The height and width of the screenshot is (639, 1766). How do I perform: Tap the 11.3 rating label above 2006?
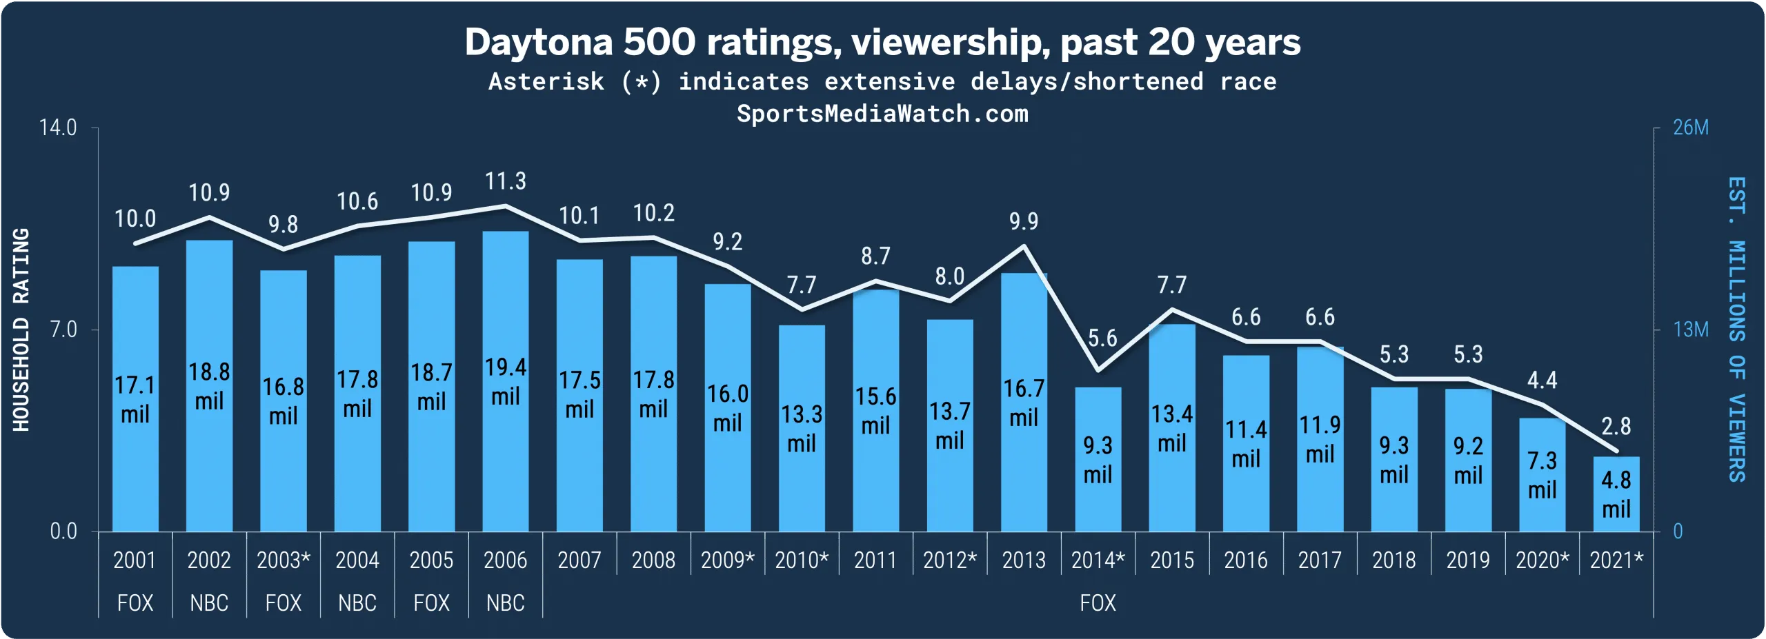point(505,181)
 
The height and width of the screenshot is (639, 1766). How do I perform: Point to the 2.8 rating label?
point(1616,427)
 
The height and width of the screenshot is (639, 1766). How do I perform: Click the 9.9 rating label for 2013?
point(1023,221)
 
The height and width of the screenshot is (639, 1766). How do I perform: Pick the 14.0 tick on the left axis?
point(58,128)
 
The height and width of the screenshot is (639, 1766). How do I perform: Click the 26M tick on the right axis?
point(1691,128)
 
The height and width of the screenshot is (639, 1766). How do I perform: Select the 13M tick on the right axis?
point(1691,329)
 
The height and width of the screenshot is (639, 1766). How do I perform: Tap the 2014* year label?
point(1098,560)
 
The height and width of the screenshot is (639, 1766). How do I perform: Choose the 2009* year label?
point(727,560)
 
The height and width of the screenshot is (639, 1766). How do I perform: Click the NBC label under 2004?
point(357,603)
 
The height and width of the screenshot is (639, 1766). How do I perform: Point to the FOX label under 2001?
point(135,603)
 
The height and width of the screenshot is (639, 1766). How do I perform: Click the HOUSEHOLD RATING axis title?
point(21,329)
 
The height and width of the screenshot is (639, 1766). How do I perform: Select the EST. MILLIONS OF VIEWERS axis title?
point(1736,329)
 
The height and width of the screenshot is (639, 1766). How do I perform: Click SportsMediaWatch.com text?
point(882,114)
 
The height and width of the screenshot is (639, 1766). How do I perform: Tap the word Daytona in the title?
point(538,42)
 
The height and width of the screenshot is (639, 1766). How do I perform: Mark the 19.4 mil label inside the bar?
point(505,381)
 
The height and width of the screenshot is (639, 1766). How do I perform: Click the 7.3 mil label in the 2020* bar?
point(1542,475)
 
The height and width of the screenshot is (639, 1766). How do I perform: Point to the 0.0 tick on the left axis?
point(63,531)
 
